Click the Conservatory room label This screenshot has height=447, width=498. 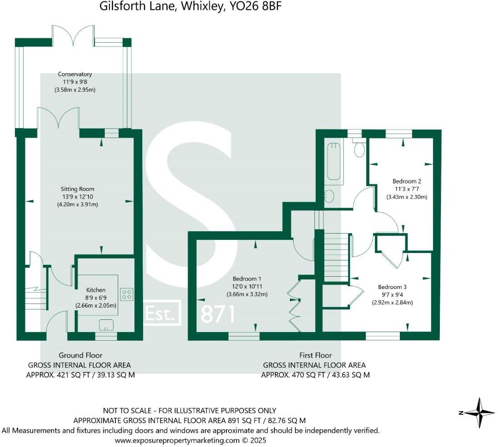tap(75, 74)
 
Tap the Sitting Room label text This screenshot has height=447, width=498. tap(78, 189)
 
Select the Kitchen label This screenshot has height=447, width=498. tap(96, 290)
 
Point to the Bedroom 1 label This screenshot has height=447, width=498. tap(247, 278)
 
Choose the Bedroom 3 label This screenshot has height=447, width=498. tap(392, 287)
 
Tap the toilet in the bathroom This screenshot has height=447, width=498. tap(360, 149)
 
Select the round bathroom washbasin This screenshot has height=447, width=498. tap(330, 196)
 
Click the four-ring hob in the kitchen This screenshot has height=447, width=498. tap(126, 294)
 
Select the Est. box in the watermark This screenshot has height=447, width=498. tap(162, 313)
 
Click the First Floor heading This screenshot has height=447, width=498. tap(315, 355)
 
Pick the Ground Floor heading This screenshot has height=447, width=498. tap(80, 355)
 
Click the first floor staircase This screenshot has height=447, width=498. tap(336, 257)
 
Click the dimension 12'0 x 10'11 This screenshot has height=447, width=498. tap(247, 286)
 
